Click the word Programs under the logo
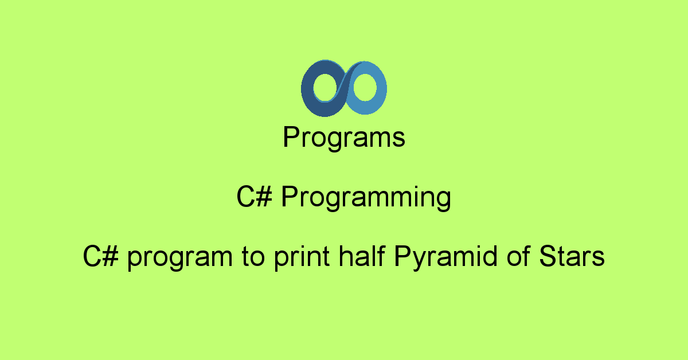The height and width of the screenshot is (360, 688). pos(344,138)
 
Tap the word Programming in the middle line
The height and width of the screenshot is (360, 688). pos(366,198)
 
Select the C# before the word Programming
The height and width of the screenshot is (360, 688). pos(255,197)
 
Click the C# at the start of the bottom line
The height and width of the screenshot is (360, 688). pos(101,256)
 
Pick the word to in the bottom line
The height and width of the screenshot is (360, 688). pos(253,257)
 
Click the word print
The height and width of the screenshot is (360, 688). pos(302,258)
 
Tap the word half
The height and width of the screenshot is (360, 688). pos(362,256)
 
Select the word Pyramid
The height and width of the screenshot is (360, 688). pos(445,258)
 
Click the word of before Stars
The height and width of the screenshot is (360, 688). pos(518,256)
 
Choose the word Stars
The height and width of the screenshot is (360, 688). pos(572,256)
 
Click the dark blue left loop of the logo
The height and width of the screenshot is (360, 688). pos(307,89)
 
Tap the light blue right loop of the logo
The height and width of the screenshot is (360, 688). pos(381,89)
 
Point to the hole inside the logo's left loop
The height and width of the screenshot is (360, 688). pos(325,87)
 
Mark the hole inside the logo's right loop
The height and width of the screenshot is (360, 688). pos(365,87)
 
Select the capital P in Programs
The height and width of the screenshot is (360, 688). pos(291,136)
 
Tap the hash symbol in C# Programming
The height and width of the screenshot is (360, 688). pos(264,197)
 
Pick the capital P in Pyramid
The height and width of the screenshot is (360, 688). pos(403,256)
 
